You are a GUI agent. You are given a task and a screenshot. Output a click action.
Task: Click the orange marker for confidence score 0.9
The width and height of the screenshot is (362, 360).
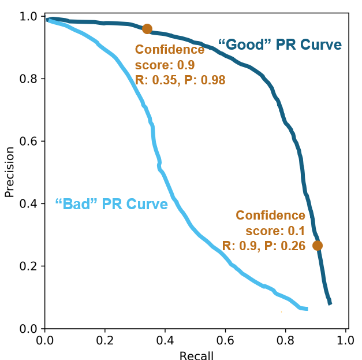tap(147, 29)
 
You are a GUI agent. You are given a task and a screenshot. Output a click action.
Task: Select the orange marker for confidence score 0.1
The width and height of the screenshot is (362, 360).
tap(317, 246)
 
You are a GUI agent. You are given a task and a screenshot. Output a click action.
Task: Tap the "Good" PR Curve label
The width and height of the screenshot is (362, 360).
tap(279, 44)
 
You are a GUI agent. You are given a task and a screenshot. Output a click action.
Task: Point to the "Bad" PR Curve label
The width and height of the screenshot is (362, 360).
tap(111, 204)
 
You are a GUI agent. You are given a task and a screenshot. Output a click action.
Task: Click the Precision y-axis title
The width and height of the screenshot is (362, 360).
tap(9, 172)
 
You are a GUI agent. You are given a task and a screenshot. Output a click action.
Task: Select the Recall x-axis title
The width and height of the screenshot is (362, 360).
tap(196, 355)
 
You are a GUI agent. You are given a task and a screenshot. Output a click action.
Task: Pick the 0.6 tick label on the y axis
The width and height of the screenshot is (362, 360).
tap(28, 141)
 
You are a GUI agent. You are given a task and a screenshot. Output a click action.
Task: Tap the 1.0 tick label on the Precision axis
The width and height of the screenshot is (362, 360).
tap(28, 16)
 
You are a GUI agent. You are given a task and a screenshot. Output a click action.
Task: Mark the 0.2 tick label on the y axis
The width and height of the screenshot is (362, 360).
tap(28, 266)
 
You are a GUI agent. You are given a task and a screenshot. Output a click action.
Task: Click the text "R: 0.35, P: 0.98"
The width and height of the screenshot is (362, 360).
tap(180, 80)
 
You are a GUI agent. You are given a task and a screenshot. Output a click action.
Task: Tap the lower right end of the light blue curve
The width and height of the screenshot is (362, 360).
tap(306, 309)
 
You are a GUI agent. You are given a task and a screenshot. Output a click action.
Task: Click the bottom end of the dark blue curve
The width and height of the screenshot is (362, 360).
tap(330, 302)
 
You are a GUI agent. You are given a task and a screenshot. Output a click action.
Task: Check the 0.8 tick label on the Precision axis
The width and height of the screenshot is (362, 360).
tap(28, 79)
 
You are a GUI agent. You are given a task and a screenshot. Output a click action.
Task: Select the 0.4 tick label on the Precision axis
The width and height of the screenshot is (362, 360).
tap(28, 204)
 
